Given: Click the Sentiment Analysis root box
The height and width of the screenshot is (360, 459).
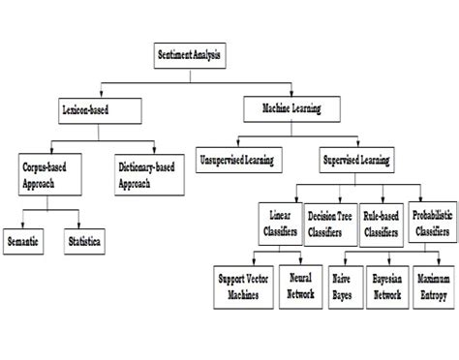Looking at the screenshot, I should coord(189,56).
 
